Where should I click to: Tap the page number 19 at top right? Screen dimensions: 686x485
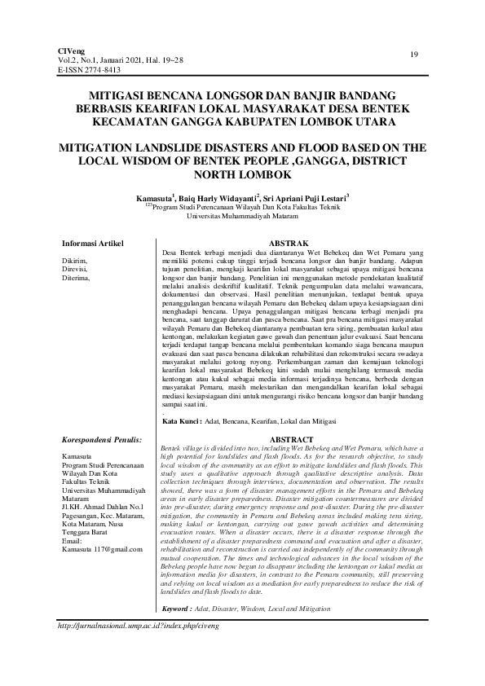pyautogui.click(x=415, y=55)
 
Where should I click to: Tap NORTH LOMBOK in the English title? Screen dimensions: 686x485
pyautogui.click(x=241, y=175)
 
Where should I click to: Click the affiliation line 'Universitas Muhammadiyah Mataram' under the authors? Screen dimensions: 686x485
pyautogui.click(x=242, y=217)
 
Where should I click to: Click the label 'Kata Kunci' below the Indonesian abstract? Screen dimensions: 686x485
pyautogui.click(x=182, y=422)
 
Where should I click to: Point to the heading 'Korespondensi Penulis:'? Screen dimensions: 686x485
pyautogui.click(x=102, y=439)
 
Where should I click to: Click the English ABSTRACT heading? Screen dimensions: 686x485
pyautogui.click(x=291, y=440)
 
